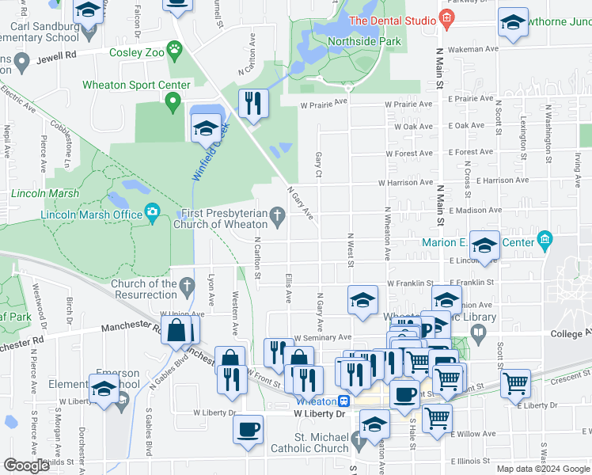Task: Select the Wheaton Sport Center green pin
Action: [173, 101]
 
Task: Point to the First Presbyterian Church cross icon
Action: [277, 214]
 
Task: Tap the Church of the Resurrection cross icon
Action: [187, 284]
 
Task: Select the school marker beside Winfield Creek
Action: [206, 127]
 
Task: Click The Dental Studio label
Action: [392, 20]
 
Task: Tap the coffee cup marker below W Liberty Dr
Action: [249, 430]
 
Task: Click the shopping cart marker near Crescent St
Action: [516, 384]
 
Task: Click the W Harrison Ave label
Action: [409, 182]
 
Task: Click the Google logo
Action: [27, 465]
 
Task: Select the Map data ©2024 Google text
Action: [542, 469]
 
